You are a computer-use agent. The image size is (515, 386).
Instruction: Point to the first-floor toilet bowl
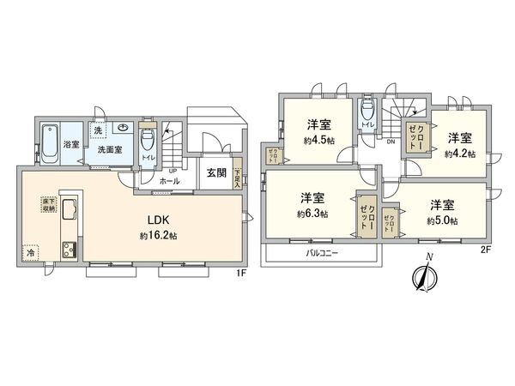(x=146, y=139)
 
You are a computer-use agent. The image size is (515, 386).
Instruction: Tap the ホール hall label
(x=170, y=182)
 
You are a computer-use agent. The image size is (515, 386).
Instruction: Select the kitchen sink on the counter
(x=68, y=210)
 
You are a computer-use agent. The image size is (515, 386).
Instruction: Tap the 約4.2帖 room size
(x=458, y=154)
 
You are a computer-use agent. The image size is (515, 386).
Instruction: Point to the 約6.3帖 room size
(x=312, y=214)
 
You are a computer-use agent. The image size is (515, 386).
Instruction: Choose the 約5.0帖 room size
(x=442, y=221)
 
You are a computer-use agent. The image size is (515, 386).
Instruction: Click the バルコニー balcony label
(x=322, y=255)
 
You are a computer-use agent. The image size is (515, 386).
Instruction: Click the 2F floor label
(x=485, y=250)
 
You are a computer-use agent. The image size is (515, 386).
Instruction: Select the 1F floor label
(x=241, y=273)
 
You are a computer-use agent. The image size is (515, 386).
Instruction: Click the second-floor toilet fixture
(x=367, y=110)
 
